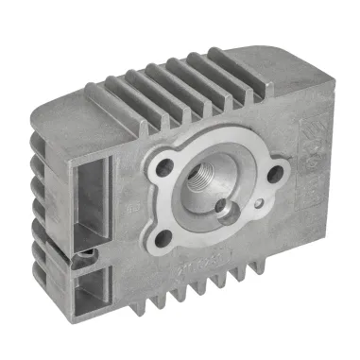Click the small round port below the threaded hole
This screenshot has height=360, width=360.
[223, 207]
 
